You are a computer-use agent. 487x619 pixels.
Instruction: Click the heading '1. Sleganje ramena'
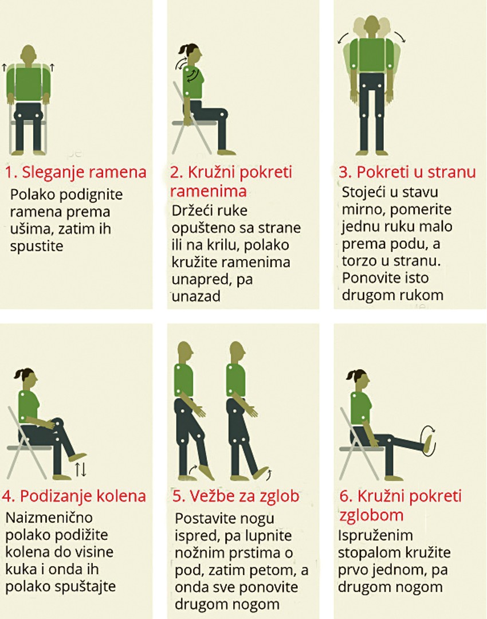(x=76, y=173)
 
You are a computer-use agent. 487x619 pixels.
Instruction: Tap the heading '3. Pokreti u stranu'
(x=407, y=172)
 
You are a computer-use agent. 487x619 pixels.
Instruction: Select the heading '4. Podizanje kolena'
(x=74, y=496)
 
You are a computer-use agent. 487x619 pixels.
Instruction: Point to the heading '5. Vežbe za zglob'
(x=235, y=496)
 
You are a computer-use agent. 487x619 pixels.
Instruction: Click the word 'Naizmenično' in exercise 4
(x=49, y=518)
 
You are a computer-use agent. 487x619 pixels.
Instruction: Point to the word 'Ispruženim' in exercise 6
(x=375, y=536)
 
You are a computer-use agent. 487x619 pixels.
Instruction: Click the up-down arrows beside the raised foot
(x=81, y=469)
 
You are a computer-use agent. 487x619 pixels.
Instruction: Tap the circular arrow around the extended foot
(x=429, y=440)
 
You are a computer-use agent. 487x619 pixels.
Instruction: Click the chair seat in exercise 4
(x=30, y=448)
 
